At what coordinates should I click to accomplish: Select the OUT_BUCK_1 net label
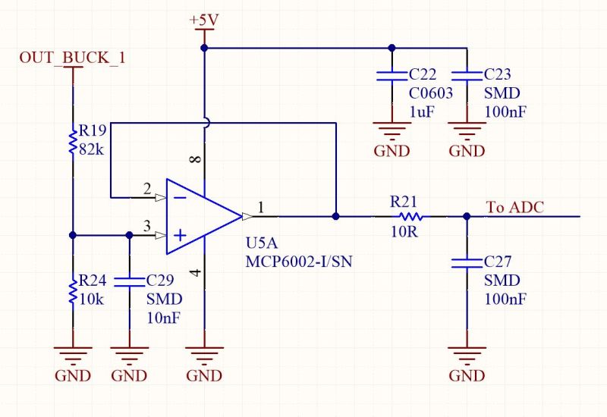[72, 58]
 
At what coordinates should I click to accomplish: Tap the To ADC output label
[514, 207]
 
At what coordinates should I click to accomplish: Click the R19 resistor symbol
[73, 140]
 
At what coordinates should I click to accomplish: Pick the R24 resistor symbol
[73, 290]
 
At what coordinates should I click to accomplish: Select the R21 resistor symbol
[409, 216]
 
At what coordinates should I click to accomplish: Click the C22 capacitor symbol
[392, 75]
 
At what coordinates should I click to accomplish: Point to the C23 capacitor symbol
[467, 75]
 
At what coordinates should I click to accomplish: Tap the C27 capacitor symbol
[467, 263]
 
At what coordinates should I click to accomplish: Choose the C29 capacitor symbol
[129, 281]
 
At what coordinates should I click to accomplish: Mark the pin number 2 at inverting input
[147, 189]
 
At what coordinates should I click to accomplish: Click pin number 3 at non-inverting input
[147, 226]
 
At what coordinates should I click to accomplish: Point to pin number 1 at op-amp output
[261, 207]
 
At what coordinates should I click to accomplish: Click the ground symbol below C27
[467, 354]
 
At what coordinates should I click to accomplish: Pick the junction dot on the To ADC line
[467, 216]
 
